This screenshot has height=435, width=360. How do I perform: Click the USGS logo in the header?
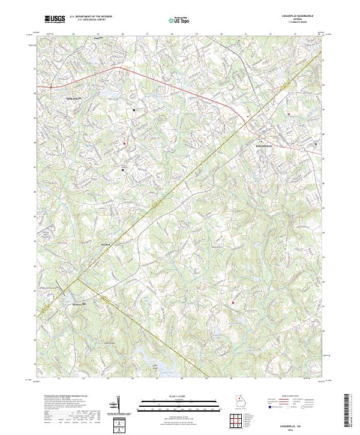point(55,19)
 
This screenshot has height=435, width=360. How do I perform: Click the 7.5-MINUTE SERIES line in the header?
point(293,23)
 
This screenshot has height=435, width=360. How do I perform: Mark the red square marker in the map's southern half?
point(233,303)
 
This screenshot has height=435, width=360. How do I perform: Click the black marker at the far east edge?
point(316,144)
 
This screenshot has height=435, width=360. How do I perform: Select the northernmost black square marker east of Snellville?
point(134,110)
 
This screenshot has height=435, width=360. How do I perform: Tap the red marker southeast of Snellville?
point(125,143)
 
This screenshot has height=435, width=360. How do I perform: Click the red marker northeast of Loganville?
point(289,113)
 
